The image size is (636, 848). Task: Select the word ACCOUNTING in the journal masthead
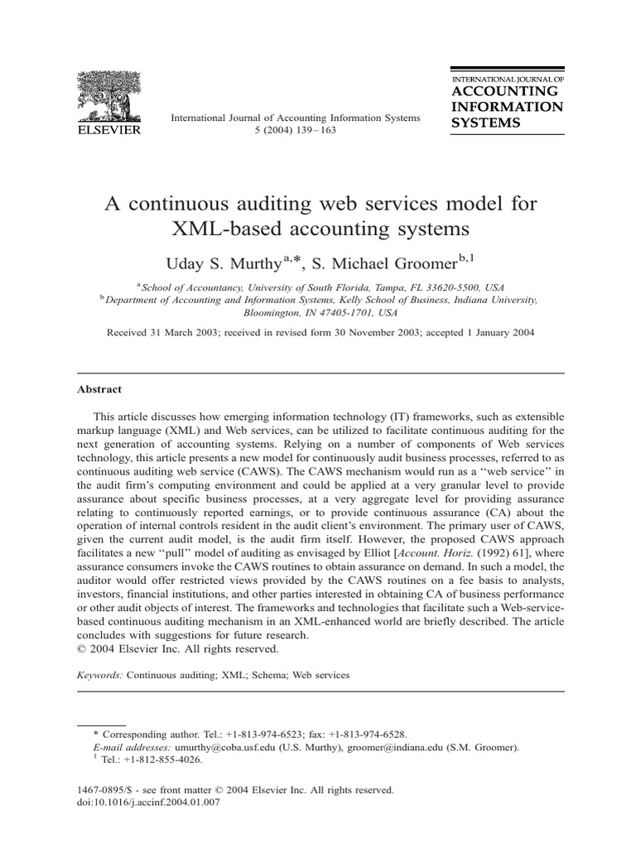coord(504,91)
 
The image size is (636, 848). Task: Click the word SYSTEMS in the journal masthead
coord(485,123)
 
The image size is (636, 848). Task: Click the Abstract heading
coord(99,389)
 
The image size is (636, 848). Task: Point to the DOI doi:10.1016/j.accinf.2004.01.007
coord(153,803)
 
